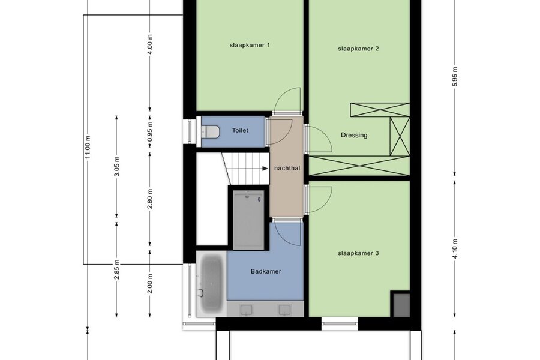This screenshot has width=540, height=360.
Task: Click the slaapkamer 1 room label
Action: coord(250,45)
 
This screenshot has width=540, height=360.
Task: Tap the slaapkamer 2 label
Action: coord(358,49)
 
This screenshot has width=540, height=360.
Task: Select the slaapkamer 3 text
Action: coord(358,253)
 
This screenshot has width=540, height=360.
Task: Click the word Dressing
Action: coord(354,135)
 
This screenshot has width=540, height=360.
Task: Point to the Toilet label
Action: coord(240,130)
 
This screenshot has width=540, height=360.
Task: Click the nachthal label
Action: coord(287,168)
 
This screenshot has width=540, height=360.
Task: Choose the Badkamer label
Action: coord(266,271)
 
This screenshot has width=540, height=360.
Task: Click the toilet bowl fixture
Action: coord(211,131)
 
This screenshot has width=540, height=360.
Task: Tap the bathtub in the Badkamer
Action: coord(211,283)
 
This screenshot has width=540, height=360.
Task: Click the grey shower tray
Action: coord(248,220)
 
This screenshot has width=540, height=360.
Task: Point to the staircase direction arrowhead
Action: coord(265,169)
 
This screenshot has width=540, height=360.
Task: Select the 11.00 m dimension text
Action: coord(88,147)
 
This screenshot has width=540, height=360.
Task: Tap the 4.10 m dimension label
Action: coord(455,248)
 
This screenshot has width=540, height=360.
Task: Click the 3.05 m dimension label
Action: coord(117,166)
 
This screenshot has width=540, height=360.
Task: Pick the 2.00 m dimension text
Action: coord(150,284)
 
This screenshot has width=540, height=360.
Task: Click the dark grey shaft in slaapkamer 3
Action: coord(401,305)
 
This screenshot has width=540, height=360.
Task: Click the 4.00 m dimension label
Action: coord(150,44)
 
